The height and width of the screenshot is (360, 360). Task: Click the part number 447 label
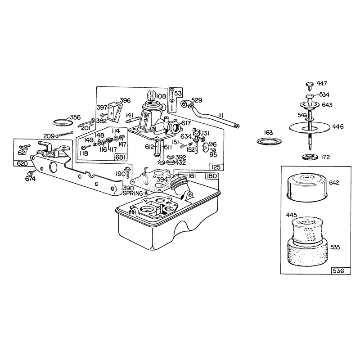click(322, 84)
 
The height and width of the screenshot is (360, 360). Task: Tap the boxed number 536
click(338, 271)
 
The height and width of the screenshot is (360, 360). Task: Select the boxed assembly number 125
click(216, 167)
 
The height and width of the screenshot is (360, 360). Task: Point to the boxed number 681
click(121, 157)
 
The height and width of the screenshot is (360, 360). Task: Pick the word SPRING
click(133, 193)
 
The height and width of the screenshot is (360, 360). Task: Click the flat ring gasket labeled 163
click(269, 141)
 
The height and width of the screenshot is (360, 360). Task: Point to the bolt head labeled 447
click(310, 85)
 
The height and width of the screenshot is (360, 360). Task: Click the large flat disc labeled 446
click(310, 127)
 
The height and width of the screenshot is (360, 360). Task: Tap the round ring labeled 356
click(63, 122)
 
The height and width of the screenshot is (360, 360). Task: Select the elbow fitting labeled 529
click(187, 104)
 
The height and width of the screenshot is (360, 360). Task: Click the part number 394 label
click(162, 179)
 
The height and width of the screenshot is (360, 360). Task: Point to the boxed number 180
click(211, 176)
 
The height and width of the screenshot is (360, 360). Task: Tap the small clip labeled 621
click(24, 146)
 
